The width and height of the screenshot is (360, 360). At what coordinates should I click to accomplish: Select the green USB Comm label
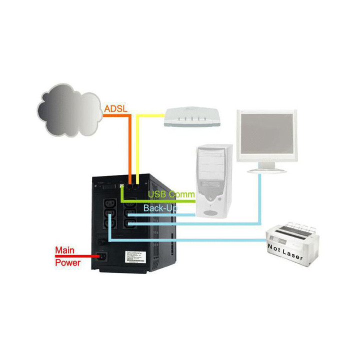[171, 194]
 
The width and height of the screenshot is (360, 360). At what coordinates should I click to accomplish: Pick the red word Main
[65, 250]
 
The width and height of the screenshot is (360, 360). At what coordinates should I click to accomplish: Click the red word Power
[67, 262]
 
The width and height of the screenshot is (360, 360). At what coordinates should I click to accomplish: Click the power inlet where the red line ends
[103, 256]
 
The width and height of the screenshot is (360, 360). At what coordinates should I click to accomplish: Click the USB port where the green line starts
[121, 186]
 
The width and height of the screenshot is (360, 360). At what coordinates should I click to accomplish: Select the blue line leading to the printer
[200, 240]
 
